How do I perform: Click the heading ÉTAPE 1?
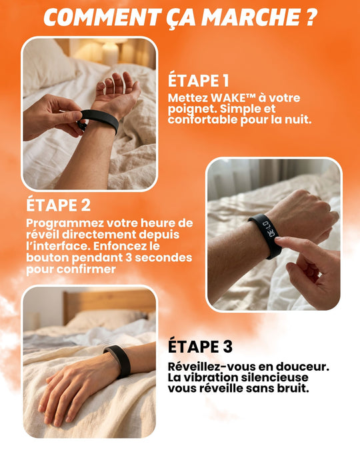pyautogui.click(x=198, y=81)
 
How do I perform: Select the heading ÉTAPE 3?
pyautogui.click(x=200, y=347)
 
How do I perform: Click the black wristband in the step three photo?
pyautogui.click(x=117, y=360)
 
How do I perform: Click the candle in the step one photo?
pyautogui.click(x=109, y=54)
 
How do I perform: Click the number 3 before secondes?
pyautogui.click(x=123, y=258)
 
